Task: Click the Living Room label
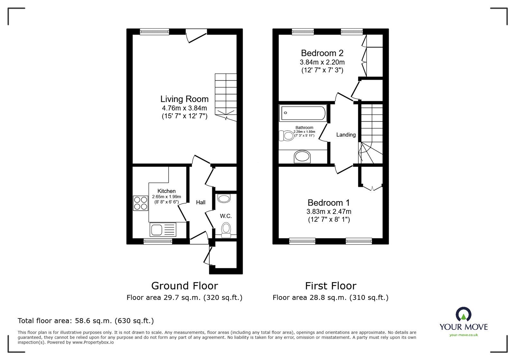[x=184, y=99]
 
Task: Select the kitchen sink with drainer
[x=163, y=230]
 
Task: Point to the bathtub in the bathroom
[x=303, y=113]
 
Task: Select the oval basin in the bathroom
[x=302, y=157]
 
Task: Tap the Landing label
[x=346, y=135]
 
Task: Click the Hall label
[x=201, y=202]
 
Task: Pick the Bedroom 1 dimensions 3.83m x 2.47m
[x=329, y=212]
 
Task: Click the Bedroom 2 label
[x=322, y=53]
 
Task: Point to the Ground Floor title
[x=184, y=286]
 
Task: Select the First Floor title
[x=331, y=286]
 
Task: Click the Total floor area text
[x=86, y=321]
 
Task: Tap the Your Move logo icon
[x=464, y=314]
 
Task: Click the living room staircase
[x=226, y=97]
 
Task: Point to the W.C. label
[x=226, y=216]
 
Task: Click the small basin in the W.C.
[x=224, y=199]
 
